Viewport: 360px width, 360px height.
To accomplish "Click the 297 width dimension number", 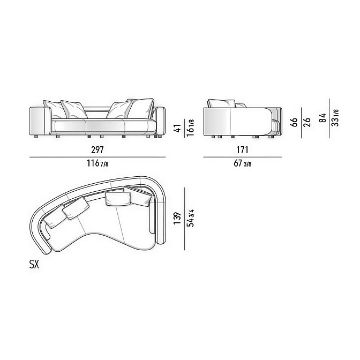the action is [97, 150].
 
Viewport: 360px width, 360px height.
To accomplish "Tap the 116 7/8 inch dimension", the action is [97, 163].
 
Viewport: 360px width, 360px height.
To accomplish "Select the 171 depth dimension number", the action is [242, 150].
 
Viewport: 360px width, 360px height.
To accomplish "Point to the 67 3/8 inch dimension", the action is [243, 163].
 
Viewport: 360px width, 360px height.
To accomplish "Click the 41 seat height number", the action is [178, 129].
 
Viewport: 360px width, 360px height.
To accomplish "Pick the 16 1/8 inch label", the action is [190, 127].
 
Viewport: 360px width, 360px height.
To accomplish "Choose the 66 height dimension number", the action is [294, 122].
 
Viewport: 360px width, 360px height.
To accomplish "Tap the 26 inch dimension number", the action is [307, 122].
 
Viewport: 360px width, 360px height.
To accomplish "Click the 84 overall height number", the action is [322, 118].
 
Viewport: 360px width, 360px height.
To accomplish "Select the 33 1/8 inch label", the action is [335, 118].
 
